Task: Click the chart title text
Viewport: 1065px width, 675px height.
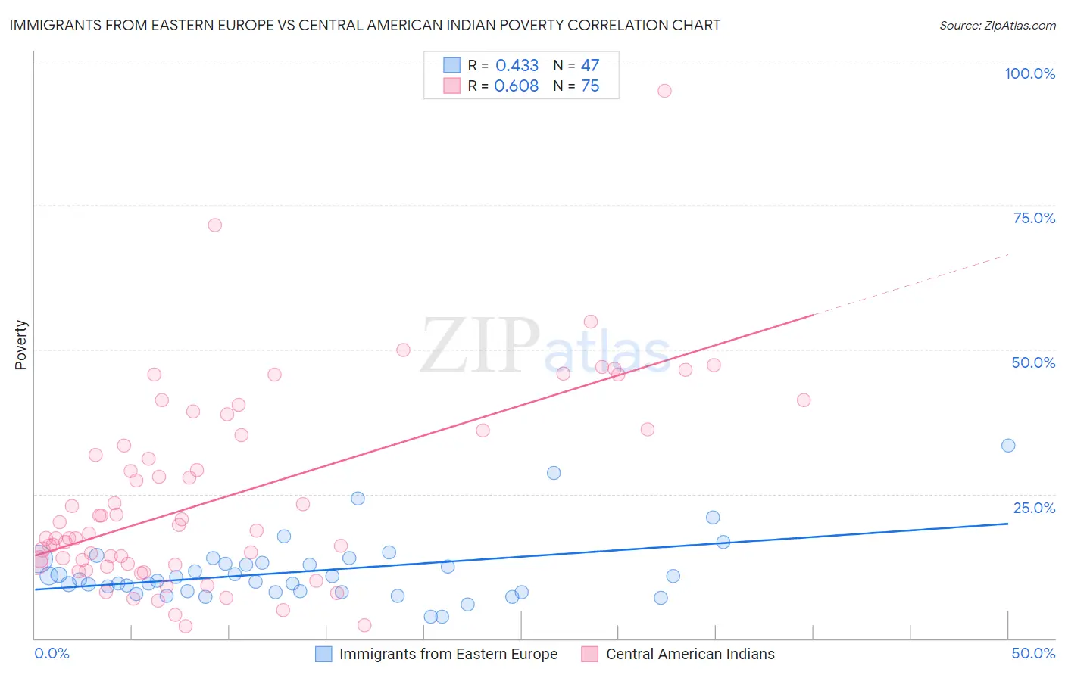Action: [364, 25]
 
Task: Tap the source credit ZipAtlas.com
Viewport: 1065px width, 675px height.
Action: [997, 25]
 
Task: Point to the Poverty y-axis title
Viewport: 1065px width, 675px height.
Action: [20, 345]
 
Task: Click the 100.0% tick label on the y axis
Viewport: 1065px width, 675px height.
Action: [1029, 73]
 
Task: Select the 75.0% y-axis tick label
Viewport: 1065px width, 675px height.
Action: [1034, 218]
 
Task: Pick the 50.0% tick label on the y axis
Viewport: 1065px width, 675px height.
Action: [1033, 362]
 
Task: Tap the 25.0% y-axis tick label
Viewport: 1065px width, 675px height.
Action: [1034, 507]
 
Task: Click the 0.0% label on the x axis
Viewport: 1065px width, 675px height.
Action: [52, 653]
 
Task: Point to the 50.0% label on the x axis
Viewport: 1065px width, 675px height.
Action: [1033, 653]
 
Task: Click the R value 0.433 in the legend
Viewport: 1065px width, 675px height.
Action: [517, 65]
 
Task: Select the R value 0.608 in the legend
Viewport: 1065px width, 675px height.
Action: [516, 86]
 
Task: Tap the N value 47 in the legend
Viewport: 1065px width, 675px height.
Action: [590, 65]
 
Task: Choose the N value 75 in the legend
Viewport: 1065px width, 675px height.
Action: [590, 86]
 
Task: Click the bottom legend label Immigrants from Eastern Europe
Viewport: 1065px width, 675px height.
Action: [448, 654]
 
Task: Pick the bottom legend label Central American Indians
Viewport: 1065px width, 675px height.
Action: [690, 654]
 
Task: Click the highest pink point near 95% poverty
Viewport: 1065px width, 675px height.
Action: [664, 91]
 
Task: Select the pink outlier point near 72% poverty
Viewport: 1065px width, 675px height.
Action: [215, 225]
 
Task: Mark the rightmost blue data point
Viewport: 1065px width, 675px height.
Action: [1008, 446]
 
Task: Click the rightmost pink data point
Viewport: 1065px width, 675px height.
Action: [804, 400]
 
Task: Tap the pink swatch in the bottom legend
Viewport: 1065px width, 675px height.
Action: [589, 654]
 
